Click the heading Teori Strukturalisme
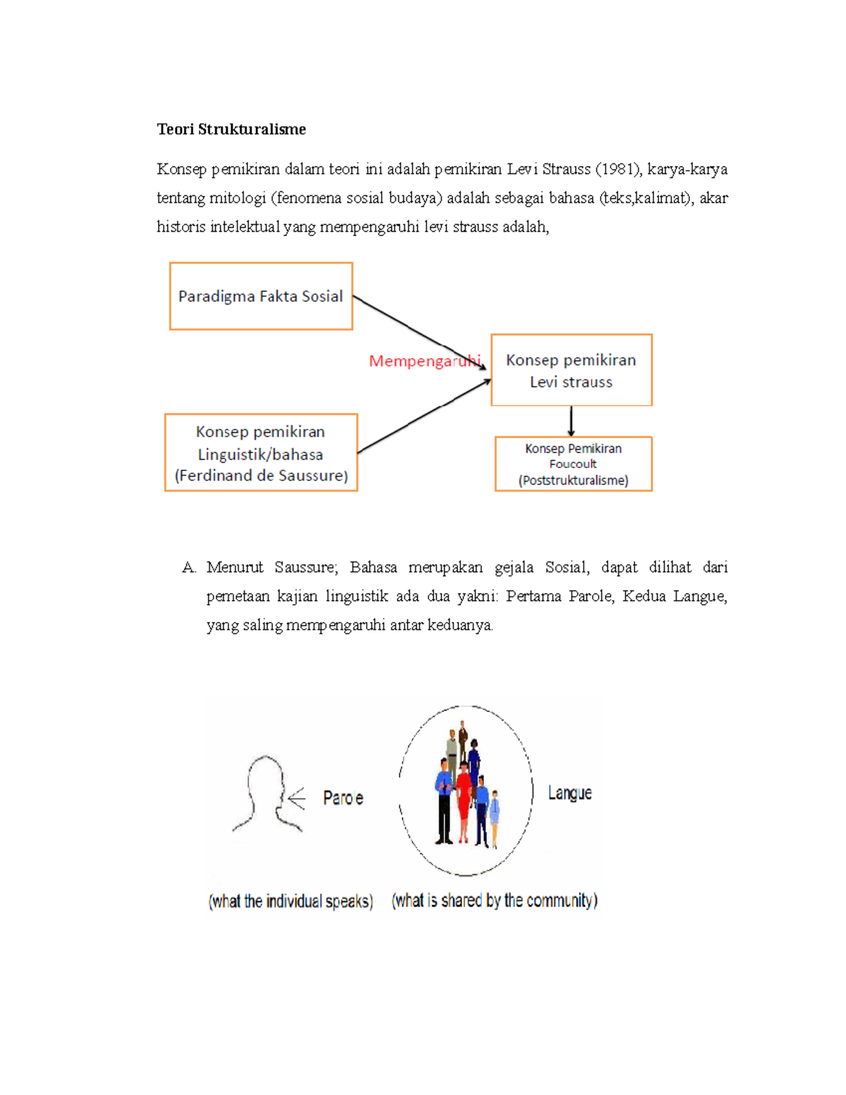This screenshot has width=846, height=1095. [x=231, y=129]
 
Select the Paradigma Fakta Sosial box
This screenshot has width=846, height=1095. [x=261, y=296]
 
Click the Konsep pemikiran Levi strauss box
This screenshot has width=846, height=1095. [x=571, y=370]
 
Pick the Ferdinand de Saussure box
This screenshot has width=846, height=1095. [x=261, y=453]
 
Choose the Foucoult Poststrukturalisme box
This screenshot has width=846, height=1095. [x=573, y=464]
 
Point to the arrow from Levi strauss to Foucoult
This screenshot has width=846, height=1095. [x=571, y=421]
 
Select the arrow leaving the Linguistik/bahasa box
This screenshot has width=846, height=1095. [x=423, y=416]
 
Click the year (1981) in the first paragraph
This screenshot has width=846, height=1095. [x=618, y=169]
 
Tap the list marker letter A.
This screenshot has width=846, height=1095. [x=188, y=568]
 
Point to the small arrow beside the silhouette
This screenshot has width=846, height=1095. [x=296, y=798]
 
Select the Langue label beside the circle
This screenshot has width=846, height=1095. [x=570, y=793]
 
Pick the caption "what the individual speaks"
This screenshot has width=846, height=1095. [x=290, y=901]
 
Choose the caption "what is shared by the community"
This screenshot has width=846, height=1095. [x=494, y=900]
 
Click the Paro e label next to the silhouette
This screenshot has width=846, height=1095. [x=343, y=798]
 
